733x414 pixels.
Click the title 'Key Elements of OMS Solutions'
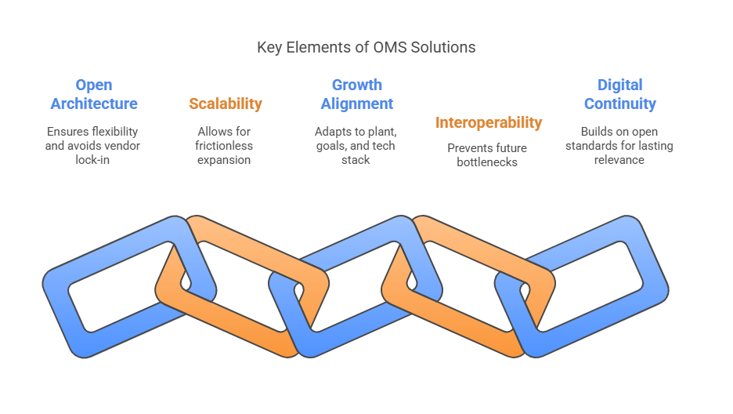pos(366,47)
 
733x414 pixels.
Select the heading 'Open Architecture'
pos(94,94)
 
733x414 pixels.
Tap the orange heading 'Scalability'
pos(226,103)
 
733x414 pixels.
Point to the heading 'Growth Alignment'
pos(356,94)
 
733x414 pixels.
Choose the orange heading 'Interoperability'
pos(489,122)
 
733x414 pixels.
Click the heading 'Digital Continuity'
pos(620,94)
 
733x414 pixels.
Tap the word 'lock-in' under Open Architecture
pos(92,160)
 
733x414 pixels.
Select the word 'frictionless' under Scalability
pos(224,146)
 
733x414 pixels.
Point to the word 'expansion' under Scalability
pos(224,160)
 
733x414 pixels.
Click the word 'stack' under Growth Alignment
pos(356,160)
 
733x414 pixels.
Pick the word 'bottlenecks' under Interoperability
pos(487,162)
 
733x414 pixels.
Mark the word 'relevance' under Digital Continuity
pos(619,160)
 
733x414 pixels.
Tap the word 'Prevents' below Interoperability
pos(467,148)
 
